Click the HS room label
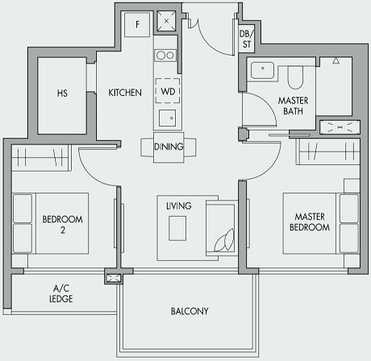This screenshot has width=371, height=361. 62,93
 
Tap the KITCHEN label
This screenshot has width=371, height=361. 125,93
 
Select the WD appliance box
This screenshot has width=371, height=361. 168,92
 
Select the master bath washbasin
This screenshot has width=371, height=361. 262,70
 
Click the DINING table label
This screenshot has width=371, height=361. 169,147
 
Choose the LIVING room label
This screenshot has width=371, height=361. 178,206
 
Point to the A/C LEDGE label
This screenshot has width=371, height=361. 62,293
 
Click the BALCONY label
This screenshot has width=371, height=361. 190,311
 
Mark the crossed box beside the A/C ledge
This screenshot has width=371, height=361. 113,279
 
